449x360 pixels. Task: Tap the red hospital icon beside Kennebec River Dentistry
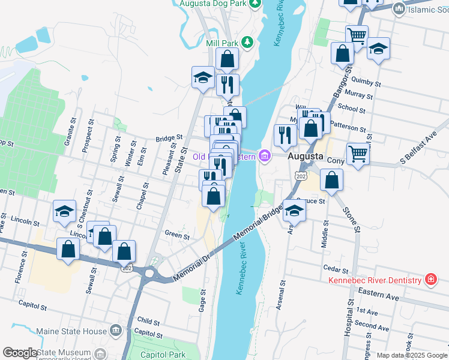click(430, 280)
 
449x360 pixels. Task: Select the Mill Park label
click(223, 43)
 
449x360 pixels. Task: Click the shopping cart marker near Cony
click(358, 154)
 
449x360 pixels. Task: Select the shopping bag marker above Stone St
click(331, 179)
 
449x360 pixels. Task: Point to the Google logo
click(20, 353)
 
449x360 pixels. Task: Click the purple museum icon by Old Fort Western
click(265, 157)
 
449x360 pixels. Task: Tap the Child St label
click(148, 321)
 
